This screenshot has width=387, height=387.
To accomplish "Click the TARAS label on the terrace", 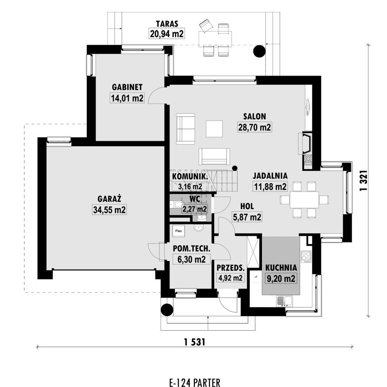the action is (167, 24).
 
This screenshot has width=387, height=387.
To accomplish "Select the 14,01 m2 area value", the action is (127, 98).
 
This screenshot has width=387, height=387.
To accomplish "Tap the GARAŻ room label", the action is (109, 199).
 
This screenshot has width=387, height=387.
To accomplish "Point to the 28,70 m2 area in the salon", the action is (255, 127).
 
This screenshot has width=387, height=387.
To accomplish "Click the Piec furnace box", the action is (179, 231).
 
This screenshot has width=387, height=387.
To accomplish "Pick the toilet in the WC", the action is (176, 205).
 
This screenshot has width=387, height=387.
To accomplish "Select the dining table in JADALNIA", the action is (304, 200).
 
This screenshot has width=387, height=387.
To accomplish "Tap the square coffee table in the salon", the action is (214, 129).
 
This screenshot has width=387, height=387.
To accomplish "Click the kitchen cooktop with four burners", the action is (306, 256).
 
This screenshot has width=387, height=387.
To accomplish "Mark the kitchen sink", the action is (285, 301).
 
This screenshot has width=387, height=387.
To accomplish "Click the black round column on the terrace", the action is (259, 51).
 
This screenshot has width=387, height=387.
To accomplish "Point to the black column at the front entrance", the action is (167, 310).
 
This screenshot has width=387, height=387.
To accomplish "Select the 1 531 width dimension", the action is (194, 342).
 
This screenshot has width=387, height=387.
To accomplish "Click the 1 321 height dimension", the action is (364, 181).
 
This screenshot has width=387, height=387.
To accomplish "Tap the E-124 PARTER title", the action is (195, 383).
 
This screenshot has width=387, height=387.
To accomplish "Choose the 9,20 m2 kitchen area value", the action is (281, 279).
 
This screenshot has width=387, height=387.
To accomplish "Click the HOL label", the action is (247, 206).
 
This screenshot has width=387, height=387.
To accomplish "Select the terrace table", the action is (215, 38).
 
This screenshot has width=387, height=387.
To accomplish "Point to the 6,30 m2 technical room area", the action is (191, 259).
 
